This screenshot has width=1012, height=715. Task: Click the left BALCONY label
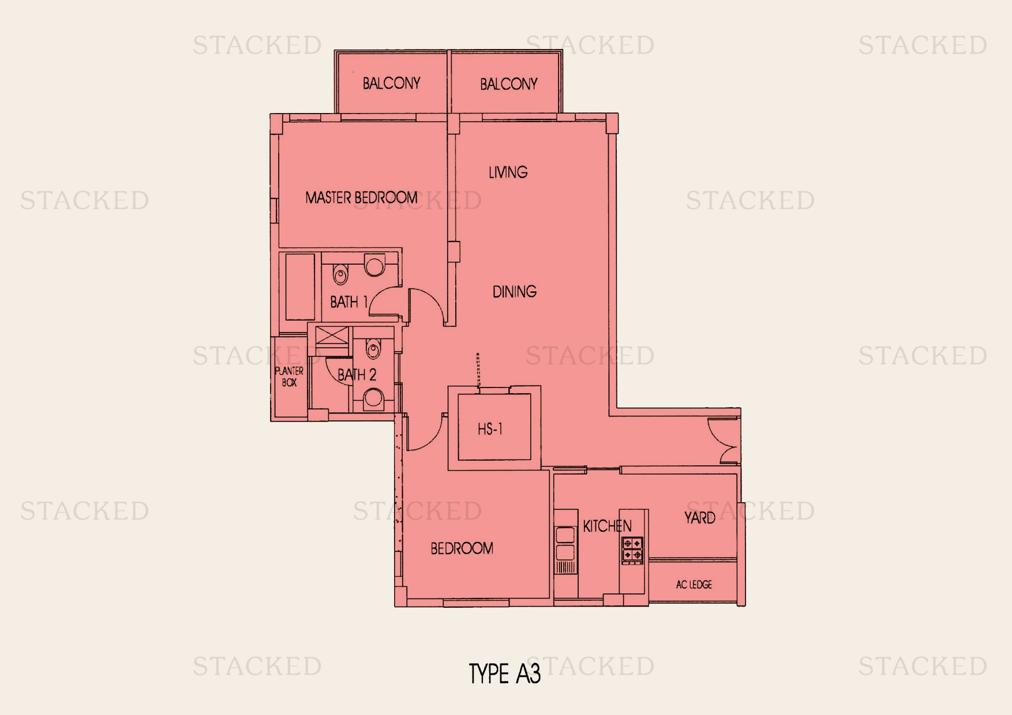click(391, 84)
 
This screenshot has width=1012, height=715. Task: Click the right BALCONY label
click(508, 84)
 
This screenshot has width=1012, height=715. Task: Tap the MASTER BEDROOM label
click(361, 198)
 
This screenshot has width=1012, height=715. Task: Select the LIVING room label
click(508, 172)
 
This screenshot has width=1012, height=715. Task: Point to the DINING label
click(514, 292)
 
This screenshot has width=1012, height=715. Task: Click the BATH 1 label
click(348, 302)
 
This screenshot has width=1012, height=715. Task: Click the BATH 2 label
click(357, 375)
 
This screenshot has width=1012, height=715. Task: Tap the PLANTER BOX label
click(289, 377)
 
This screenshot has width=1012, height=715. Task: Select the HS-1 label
click(490, 429)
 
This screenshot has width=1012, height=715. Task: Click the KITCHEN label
click(607, 526)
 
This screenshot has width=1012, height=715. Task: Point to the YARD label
click(699, 518)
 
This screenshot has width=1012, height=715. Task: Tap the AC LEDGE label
click(694, 585)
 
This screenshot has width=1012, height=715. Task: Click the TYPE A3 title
click(504, 673)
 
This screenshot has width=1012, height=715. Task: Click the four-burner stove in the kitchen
click(632, 550)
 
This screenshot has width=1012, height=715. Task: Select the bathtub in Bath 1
click(300, 287)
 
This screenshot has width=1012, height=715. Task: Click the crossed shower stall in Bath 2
click(332, 337)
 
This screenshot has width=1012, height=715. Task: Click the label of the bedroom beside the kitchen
click(462, 548)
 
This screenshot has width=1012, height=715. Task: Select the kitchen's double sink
click(565, 544)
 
